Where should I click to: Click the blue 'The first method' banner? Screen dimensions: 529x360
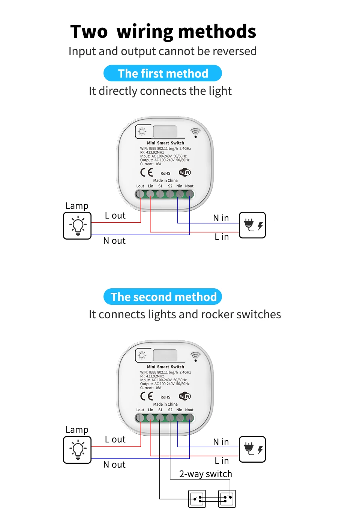click(x=163, y=73)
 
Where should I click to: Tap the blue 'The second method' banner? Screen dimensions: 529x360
click(x=163, y=297)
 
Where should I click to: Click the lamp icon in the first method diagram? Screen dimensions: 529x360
click(x=78, y=226)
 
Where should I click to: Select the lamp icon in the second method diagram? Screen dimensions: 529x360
click(x=78, y=450)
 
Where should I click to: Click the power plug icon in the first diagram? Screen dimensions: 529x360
click(x=252, y=225)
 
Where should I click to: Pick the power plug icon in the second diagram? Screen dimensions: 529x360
click(x=252, y=449)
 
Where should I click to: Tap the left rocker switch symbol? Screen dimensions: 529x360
click(x=197, y=499)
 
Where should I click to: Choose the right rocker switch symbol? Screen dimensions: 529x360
click(x=227, y=499)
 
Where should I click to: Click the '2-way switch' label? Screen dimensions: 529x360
click(x=205, y=474)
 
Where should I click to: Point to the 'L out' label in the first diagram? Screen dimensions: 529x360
click(x=115, y=216)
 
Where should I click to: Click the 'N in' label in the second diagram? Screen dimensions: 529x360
click(x=221, y=442)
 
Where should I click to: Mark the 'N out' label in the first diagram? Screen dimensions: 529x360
click(x=114, y=241)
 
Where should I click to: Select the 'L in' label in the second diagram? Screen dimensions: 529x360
click(x=222, y=461)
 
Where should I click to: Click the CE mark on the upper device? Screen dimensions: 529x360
click(x=147, y=172)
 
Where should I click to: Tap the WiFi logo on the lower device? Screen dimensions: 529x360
click(x=185, y=396)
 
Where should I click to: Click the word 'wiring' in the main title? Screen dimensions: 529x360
click(x=145, y=31)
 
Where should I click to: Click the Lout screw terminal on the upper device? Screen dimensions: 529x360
click(x=140, y=194)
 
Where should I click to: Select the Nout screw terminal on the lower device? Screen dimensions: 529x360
click(x=190, y=418)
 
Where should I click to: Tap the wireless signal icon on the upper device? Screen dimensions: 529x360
click(x=195, y=132)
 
